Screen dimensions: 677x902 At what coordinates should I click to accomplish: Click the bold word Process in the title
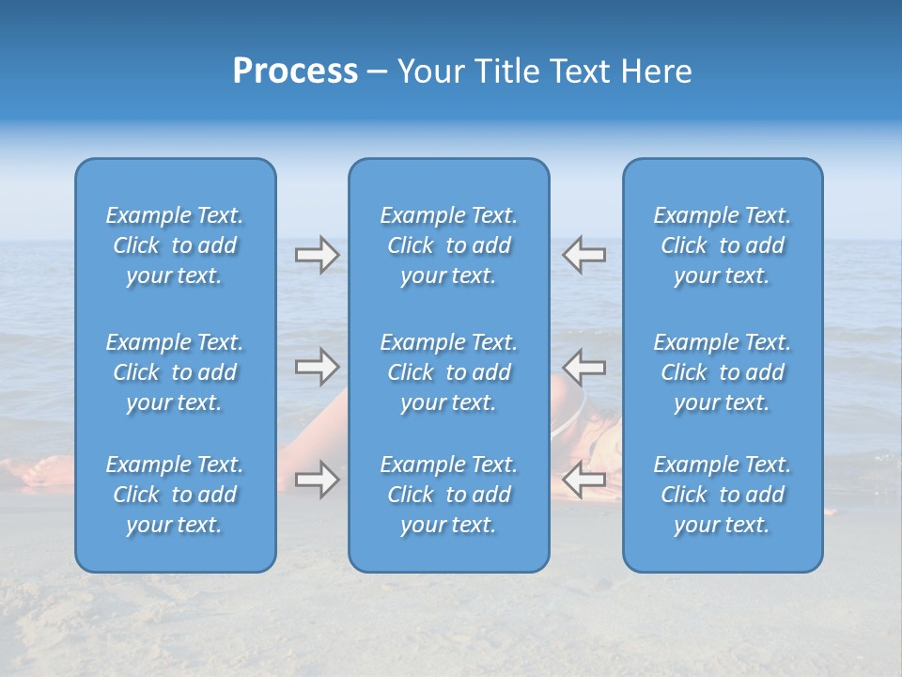(295, 71)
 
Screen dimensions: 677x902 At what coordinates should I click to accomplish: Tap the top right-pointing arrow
(317, 255)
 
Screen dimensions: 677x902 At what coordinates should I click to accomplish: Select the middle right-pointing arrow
(317, 367)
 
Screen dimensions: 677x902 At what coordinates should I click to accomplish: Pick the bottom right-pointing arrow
(317, 480)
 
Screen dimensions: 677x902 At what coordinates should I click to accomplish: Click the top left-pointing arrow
(584, 255)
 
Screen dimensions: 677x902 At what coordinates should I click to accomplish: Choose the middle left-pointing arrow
(584, 367)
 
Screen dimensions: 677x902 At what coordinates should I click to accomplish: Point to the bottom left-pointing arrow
(584, 480)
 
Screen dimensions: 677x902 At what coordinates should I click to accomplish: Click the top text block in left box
(175, 245)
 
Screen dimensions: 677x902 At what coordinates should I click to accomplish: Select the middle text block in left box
(175, 372)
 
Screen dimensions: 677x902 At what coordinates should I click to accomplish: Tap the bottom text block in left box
(175, 495)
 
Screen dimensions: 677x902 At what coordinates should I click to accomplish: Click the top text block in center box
(448, 245)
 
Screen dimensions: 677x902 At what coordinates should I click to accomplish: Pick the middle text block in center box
(448, 372)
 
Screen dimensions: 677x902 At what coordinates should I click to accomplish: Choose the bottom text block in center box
(448, 495)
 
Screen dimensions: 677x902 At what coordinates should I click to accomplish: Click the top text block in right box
(722, 245)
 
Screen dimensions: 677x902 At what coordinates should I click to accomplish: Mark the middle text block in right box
(722, 372)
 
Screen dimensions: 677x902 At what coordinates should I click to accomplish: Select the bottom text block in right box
(722, 495)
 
